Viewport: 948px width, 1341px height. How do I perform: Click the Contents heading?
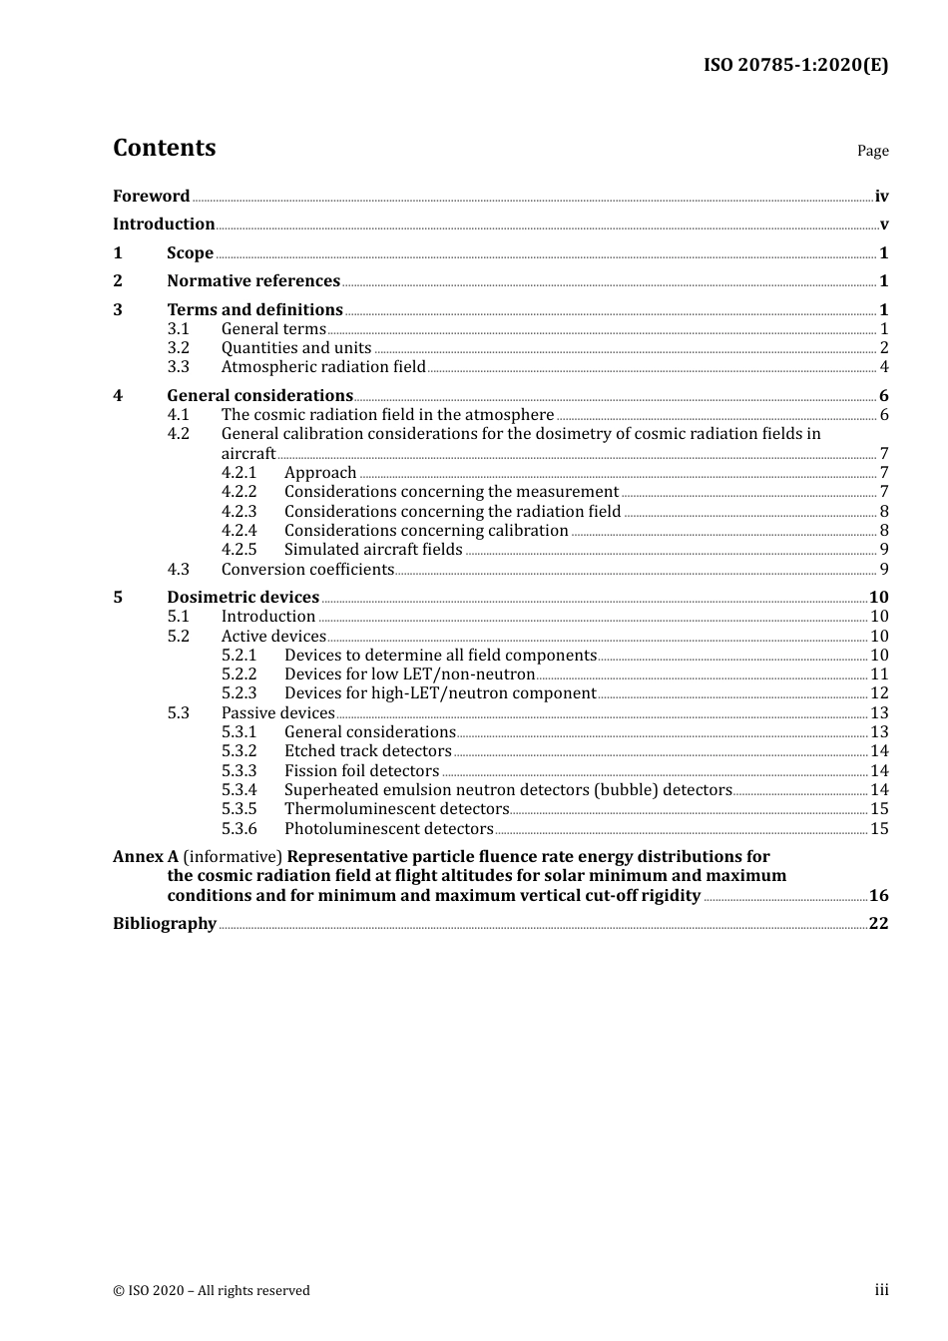pos(164,148)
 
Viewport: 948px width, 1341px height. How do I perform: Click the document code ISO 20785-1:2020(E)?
pos(795,65)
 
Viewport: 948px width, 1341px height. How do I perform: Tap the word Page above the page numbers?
pos(872,151)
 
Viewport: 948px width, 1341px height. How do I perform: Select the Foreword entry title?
pos(151,197)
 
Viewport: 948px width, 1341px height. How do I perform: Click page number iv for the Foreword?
pos(881,197)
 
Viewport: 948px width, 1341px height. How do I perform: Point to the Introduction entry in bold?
pos(164,224)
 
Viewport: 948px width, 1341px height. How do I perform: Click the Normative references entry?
pos(253,281)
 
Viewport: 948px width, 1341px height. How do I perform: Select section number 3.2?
pos(178,348)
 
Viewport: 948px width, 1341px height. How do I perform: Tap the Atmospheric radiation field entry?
pos(323,367)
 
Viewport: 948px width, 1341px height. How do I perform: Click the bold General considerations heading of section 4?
pos(259,396)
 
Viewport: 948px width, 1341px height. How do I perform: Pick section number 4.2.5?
pos(238,550)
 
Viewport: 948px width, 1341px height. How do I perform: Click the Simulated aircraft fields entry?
pos(373,550)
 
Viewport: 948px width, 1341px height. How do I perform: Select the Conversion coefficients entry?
pos(307,570)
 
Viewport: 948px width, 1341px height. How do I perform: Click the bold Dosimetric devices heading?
pos(242,598)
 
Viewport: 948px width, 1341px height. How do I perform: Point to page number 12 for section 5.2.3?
pos(879,693)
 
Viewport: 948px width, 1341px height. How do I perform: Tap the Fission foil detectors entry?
pos(361,771)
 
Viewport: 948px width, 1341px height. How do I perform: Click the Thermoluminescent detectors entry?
pos(396,809)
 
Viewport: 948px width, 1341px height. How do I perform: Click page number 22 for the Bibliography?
pos(878,924)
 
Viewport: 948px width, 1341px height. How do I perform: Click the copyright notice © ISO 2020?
pos(211,1291)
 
